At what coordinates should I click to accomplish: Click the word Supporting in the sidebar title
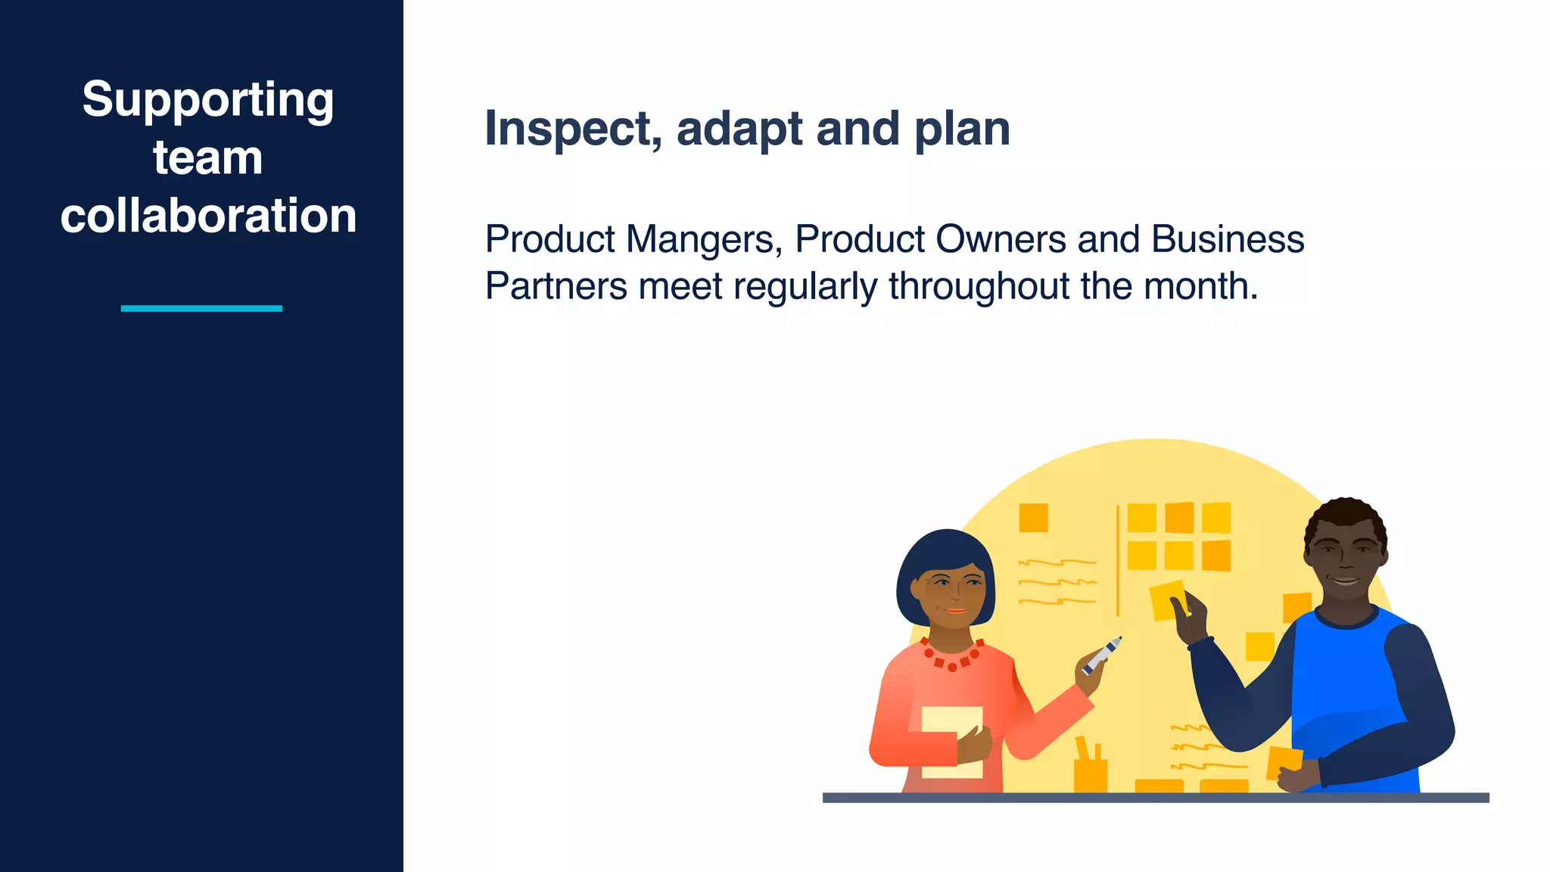(x=207, y=101)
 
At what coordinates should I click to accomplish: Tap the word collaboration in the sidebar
(x=208, y=216)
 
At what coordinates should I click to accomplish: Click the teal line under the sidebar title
(x=201, y=308)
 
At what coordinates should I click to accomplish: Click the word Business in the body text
(x=1228, y=239)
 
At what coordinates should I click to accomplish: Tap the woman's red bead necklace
(x=951, y=659)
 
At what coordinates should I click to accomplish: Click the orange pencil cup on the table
(x=1090, y=774)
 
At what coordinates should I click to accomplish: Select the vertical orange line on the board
(x=1117, y=560)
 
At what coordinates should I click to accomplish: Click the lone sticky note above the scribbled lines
(x=1033, y=519)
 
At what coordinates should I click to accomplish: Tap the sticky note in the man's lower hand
(x=1284, y=761)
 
